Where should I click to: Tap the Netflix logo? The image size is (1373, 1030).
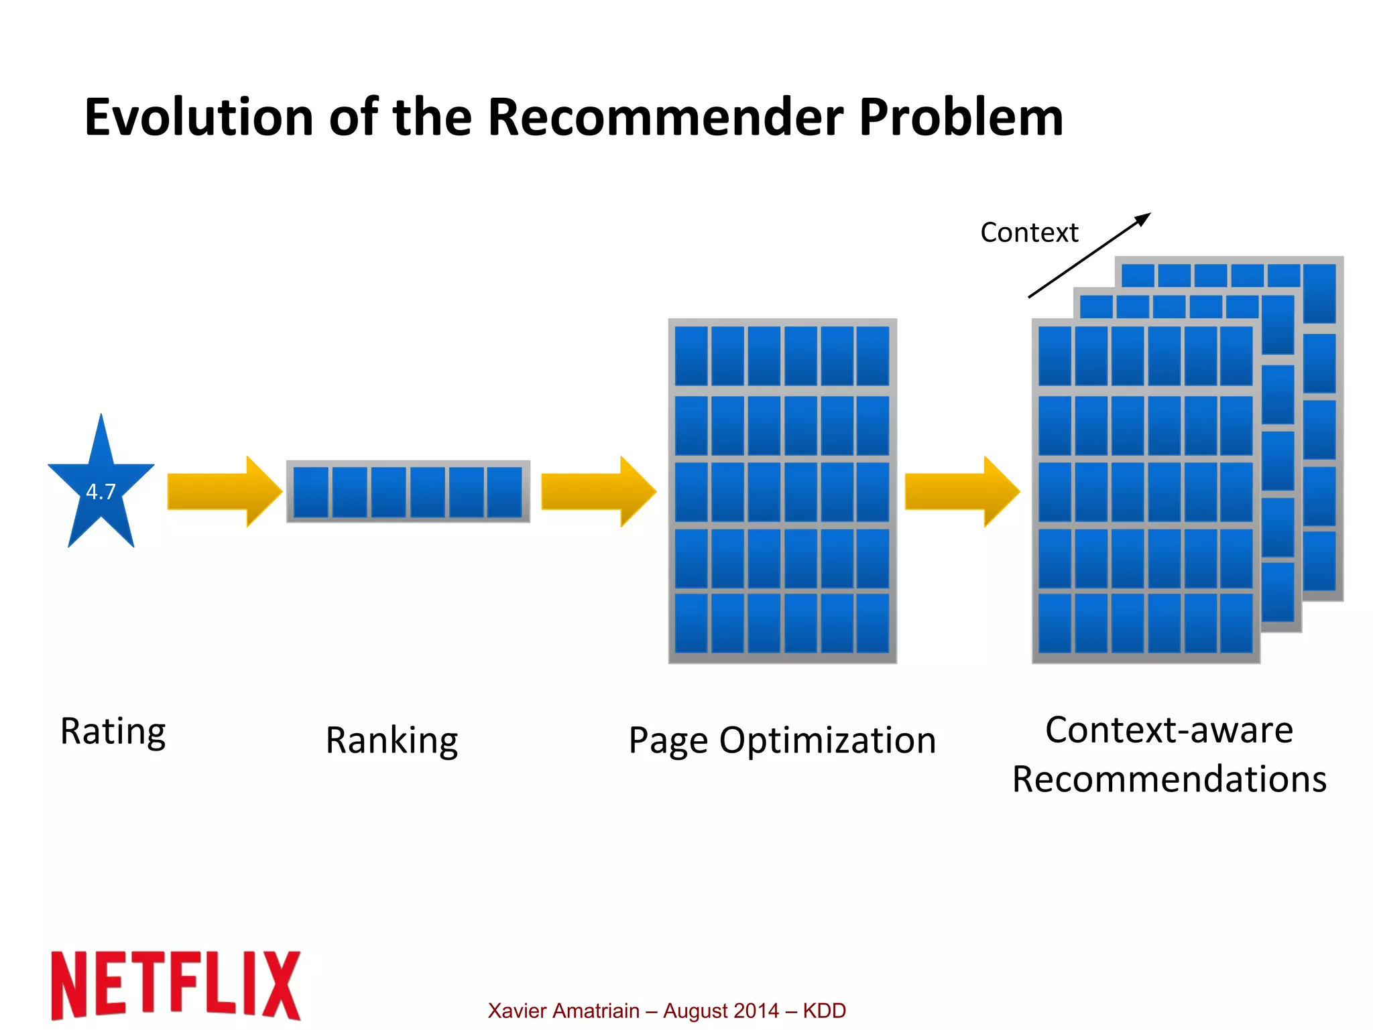click(x=176, y=984)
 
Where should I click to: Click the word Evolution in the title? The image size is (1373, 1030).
click(x=198, y=117)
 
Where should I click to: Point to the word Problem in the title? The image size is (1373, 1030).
click(x=960, y=117)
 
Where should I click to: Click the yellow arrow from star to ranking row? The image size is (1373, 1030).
click(x=223, y=491)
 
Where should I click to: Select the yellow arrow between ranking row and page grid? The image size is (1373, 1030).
click(x=597, y=491)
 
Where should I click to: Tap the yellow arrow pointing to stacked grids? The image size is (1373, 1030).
click(x=961, y=491)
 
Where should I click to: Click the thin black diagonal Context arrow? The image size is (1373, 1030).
click(x=1089, y=255)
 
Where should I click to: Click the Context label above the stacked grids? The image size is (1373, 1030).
click(x=1028, y=233)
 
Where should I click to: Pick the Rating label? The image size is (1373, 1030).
click(x=113, y=731)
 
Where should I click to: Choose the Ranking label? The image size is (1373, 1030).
click(x=392, y=741)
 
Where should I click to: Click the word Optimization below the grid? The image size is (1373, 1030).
click(x=827, y=741)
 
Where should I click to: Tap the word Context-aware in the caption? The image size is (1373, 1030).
click(x=1169, y=730)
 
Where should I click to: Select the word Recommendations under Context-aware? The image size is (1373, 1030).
click(x=1169, y=779)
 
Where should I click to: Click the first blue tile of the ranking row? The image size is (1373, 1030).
click(x=311, y=492)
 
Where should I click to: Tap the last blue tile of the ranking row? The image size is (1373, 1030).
click(x=504, y=492)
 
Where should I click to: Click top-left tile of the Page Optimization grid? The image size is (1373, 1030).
click(x=691, y=355)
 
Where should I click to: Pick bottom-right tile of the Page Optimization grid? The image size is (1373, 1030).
click(x=872, y=623)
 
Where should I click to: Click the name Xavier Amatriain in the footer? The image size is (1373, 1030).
click(x=563, y=1011)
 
